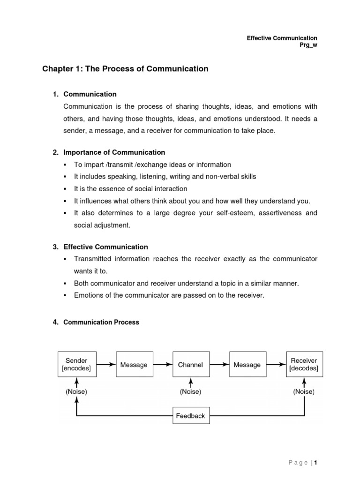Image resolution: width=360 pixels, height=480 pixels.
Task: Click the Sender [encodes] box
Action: pos(76,364)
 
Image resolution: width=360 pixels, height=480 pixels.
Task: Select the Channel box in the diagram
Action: pos(190,365)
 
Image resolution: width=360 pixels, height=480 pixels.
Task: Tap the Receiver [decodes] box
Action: pos(304,364)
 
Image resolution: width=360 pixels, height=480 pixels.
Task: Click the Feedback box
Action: pos(190,415)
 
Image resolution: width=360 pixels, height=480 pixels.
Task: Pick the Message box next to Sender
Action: pos(134,365)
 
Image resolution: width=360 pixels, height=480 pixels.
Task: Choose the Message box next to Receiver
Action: pos(247,365)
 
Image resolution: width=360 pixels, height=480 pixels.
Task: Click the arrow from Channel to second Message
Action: pos(218,364)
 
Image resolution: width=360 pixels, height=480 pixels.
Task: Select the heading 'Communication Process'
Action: pos(101,322)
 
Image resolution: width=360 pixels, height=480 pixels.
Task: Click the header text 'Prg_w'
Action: pos(308,45)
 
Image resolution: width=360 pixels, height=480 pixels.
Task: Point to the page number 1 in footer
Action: pos(316,463)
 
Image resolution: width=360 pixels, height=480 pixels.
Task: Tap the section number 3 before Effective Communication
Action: pos(55,247)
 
